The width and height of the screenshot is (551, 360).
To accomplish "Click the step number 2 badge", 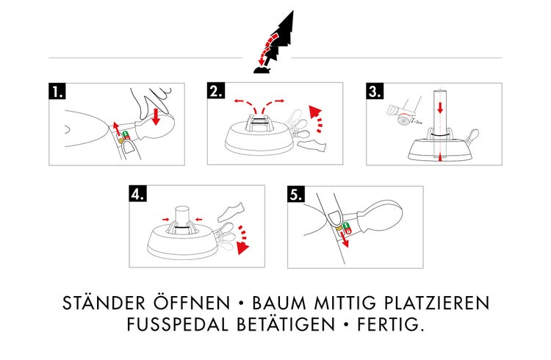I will coord(216,91).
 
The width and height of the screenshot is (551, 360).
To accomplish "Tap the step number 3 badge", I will coord(375,91).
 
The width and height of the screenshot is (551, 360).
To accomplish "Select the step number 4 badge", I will coord(137,194).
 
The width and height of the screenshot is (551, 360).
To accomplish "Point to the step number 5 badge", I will coord(295,194).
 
